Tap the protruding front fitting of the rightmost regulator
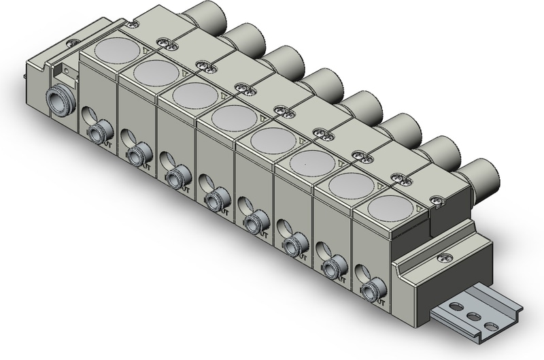pyautogui.click(x=371, y=291)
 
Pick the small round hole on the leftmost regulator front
pyautogui.click(x=87, y=114)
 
